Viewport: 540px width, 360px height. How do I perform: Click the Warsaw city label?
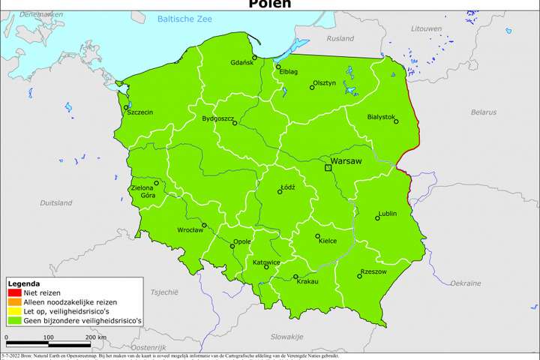pyautogui.click(x=347, y=160)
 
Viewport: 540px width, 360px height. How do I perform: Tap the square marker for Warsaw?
pyautogui.click(x=328, y=168)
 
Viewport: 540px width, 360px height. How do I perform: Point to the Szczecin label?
pyautogui.click(x=140, y=112)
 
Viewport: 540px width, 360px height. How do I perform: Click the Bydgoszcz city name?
pyautogui.click(x=218, y=118)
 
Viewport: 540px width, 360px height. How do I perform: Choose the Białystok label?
pyautogui.click(x=382, y=117)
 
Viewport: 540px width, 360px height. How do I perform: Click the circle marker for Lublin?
pyautogui.click(x=377, y=218)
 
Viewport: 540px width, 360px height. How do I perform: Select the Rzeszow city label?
pyautogui.click(x=373, y=271)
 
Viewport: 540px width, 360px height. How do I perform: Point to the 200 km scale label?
pyautogui.click(x=96, y=337)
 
